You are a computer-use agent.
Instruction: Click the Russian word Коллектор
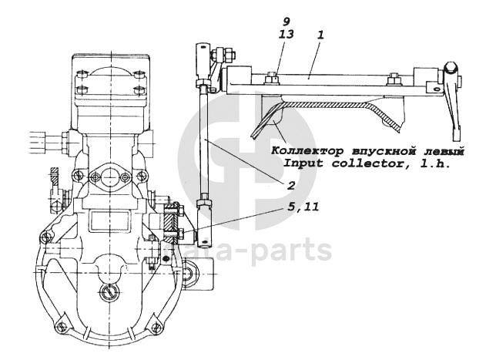click(x=302, y=151)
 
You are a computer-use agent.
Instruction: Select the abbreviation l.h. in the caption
click(x=433, y=163)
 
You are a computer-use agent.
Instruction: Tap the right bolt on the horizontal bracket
click(x=393, y=77)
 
